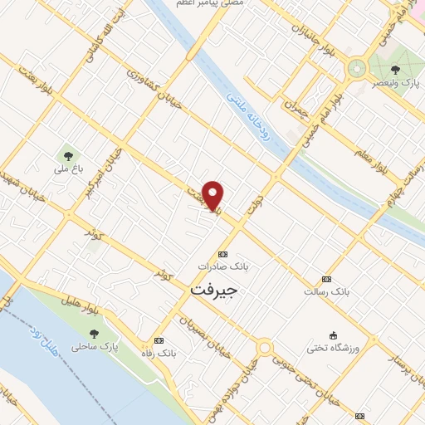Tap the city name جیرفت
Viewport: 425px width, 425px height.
(214, 291)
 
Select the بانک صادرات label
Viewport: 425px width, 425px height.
(222, 266)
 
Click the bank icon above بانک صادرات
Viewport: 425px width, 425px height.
(222, 254)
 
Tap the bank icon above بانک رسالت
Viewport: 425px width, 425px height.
(327, 280)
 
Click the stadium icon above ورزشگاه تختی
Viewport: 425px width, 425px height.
(333, 335)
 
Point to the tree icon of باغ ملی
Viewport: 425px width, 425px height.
(64, 155)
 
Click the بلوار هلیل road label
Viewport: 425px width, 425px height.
(84, 298)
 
